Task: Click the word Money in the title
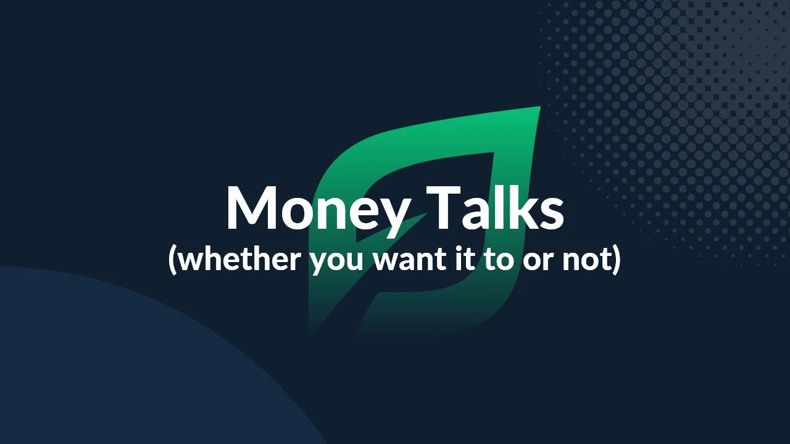coord(319,211)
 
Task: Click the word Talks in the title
coord(495,207)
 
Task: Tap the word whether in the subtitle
coord(240,260)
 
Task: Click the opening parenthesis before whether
coord(172,261)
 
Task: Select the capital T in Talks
coord(444,208)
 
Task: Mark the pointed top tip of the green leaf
coord(540,107)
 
